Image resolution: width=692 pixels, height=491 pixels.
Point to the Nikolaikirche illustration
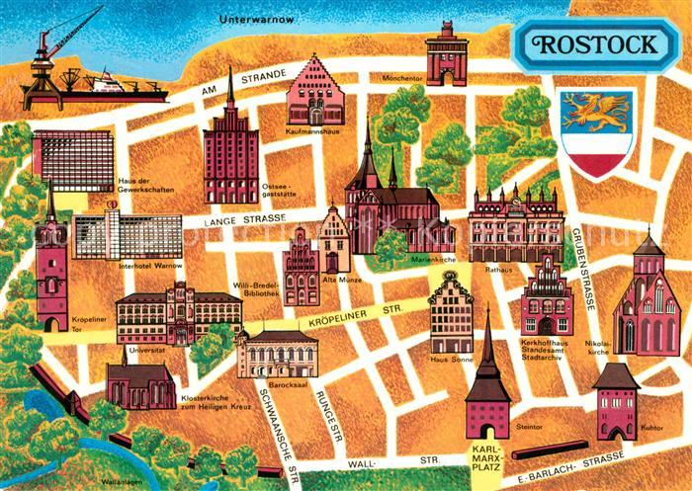point(646,296)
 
